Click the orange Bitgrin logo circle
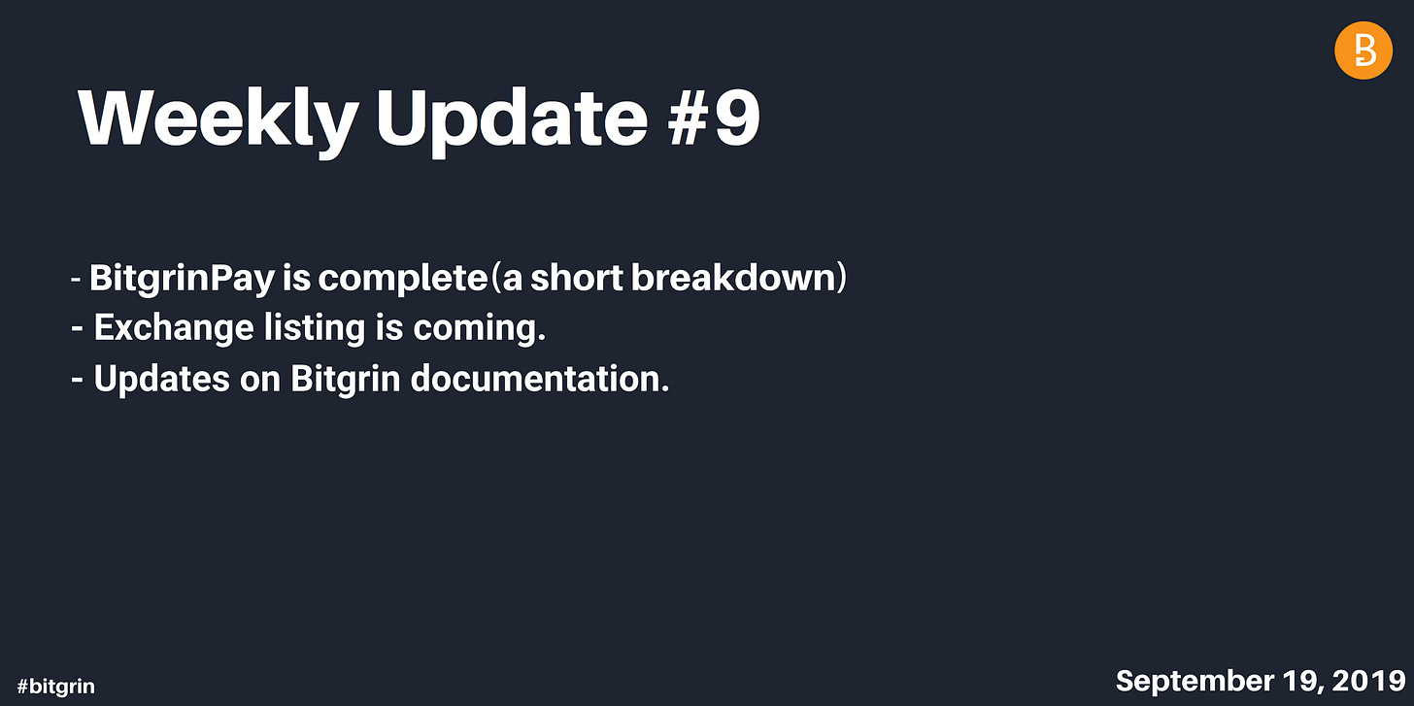(x=1363, y=50)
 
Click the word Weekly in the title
(x=219, y=120)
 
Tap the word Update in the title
(x=512, y=121)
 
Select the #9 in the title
(x=714, y=118)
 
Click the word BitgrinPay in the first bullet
(x=183, y=278)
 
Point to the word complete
(x=403, y=279)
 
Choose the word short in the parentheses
(x=576, y=277)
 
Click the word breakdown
(x=733, y=277)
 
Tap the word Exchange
(x=174, y=327)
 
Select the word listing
(x=315, y=328)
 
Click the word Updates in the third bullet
(x=161, y=379)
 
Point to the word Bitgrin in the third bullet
(x=346, y=380)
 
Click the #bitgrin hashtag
(x=55, y=687)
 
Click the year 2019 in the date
(x=1368, y=681)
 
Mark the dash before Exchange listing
(x=77, y=329)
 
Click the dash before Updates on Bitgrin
(x=77, y=380)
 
